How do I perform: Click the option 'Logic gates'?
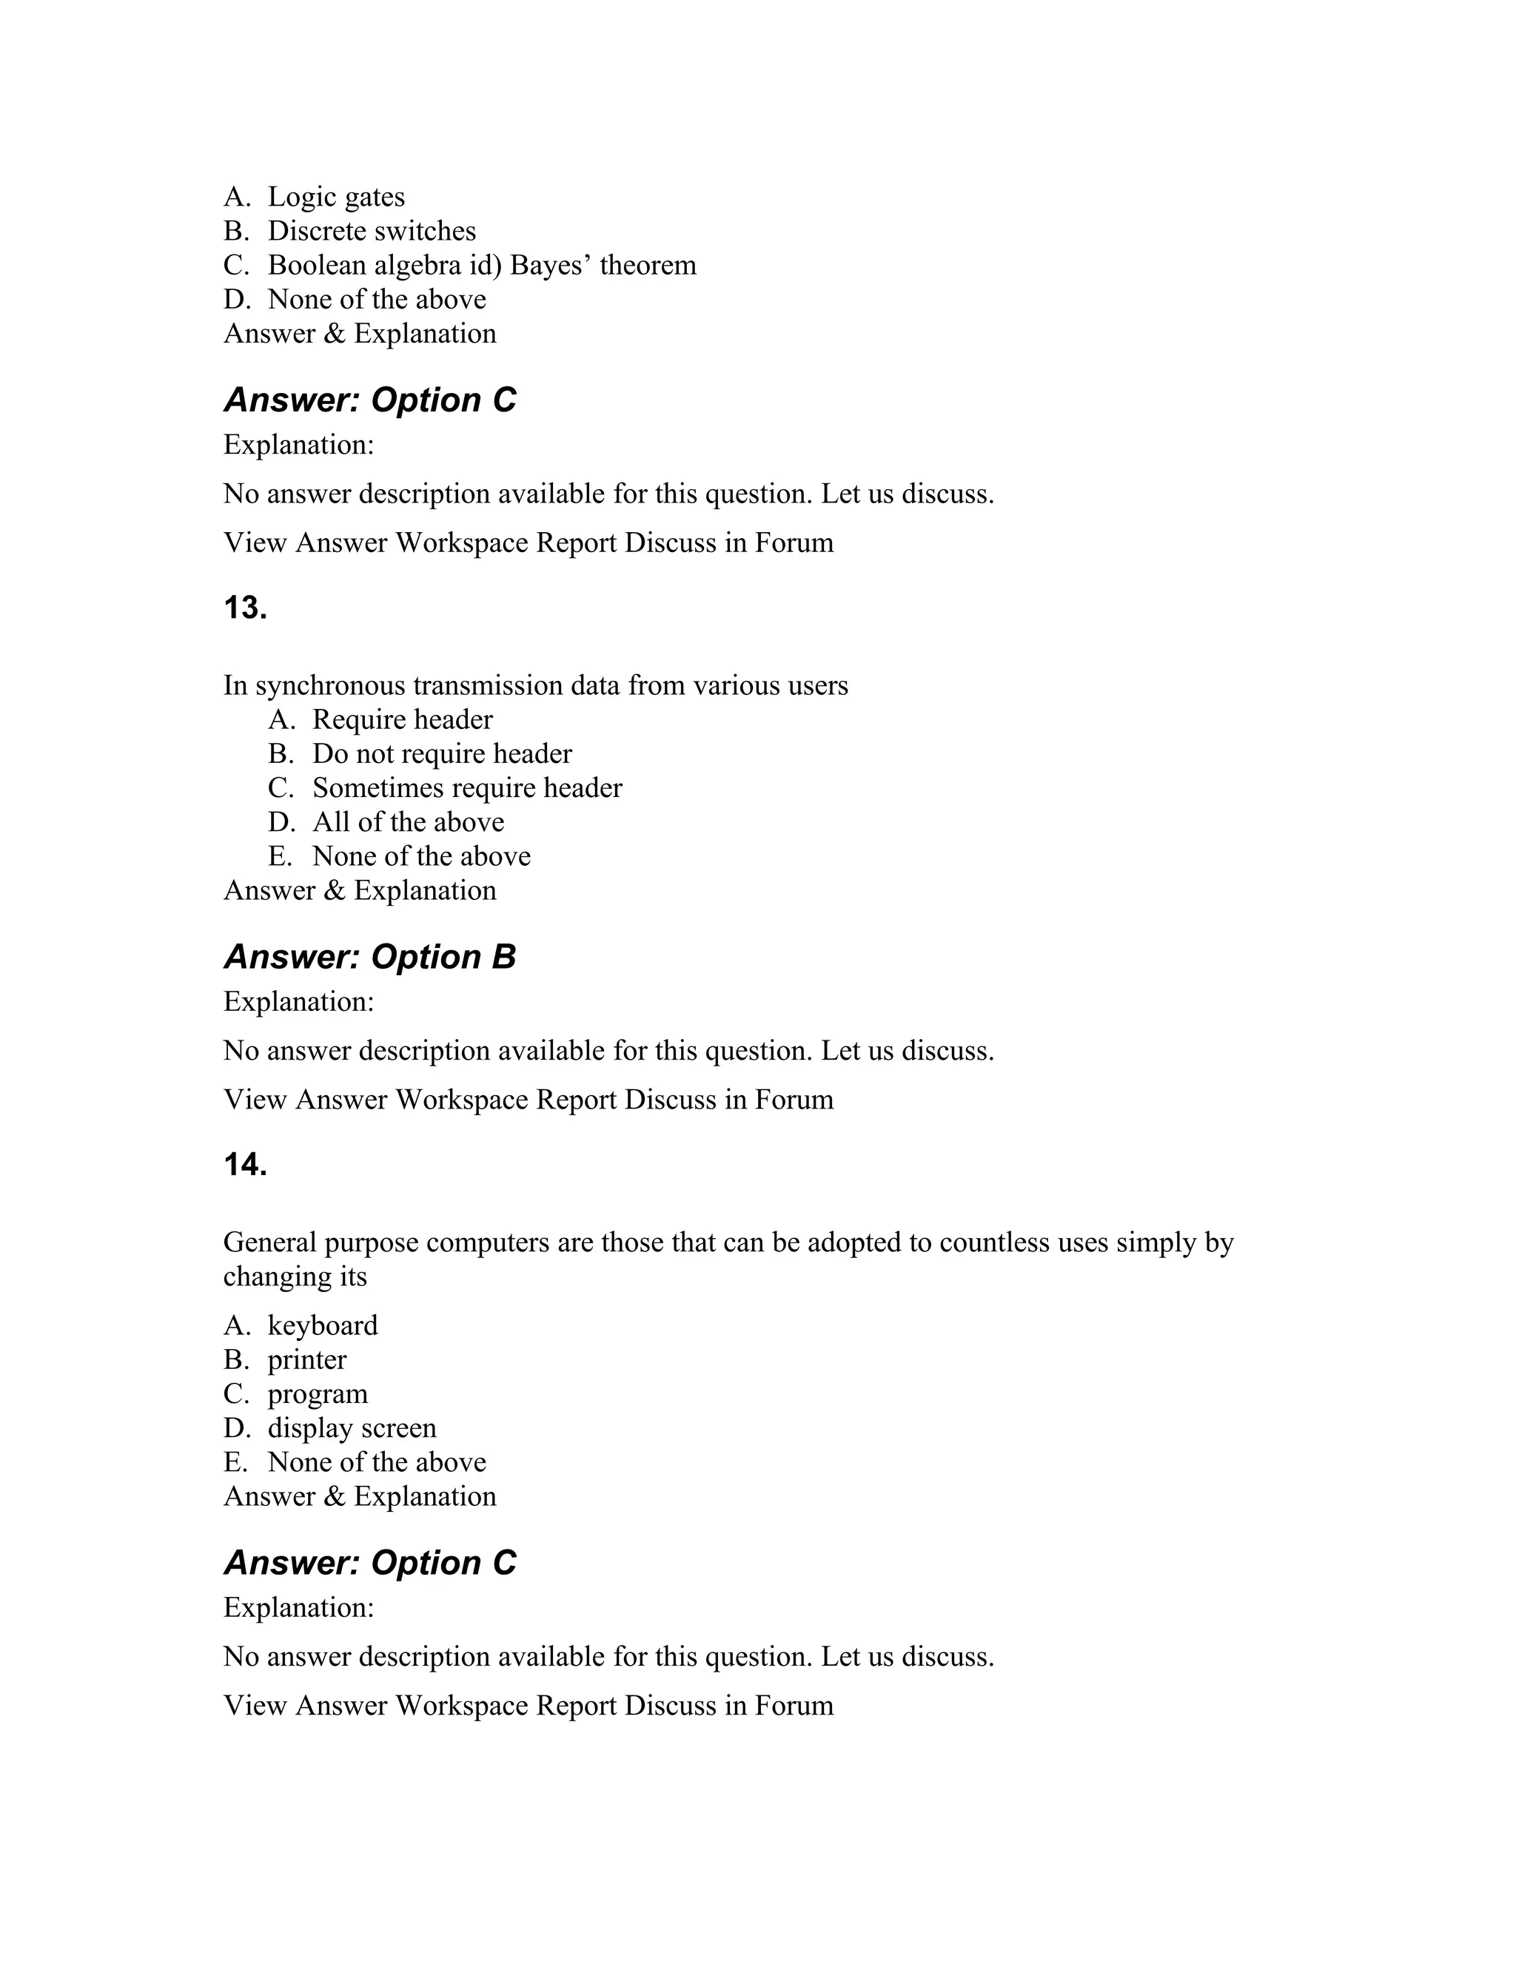(x=336, y=198)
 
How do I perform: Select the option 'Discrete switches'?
(x=371, y=232)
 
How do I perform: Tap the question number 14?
(x=245, y=1165)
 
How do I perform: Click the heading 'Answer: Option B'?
(x=369, y=957)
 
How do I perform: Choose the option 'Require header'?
(x=403, y=720)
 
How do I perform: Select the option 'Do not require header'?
(x=442, y=754)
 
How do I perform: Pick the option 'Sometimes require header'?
(x=467, y=788)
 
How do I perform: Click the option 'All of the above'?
(x=408, y=822)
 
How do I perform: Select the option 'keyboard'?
(x=323, y=1326)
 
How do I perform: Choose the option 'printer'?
(x=306, y=1360)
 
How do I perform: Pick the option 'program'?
(x=317, y=1394)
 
